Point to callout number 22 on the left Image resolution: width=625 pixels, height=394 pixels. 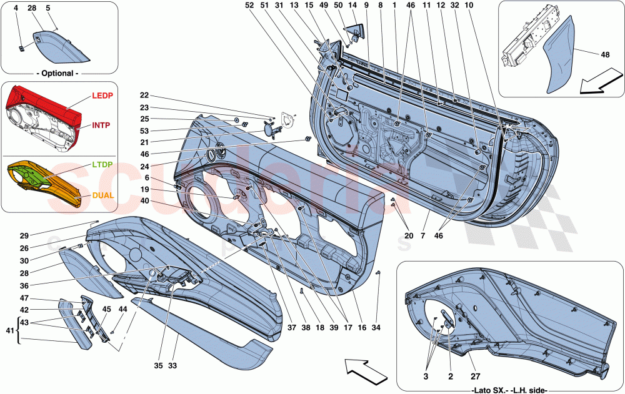click(144, 96)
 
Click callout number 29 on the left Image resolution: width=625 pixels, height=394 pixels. click(24, 235)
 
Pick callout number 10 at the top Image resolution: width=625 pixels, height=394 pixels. click(486, 5)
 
